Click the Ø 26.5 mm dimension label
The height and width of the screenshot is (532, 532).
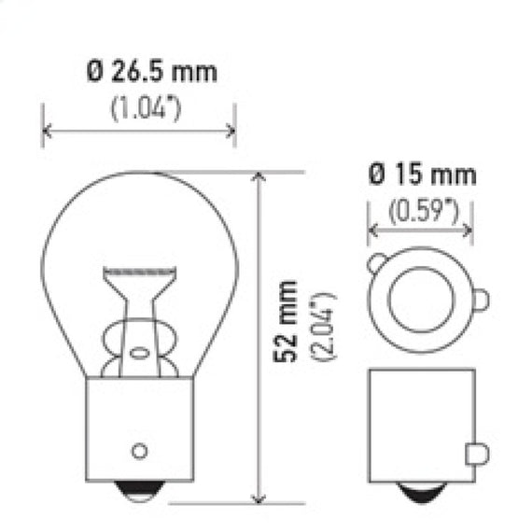point(151,72)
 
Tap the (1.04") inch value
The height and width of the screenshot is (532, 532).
point(146,108)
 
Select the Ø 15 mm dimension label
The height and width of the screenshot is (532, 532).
point(422,175)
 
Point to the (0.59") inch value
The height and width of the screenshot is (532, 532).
point(424,212)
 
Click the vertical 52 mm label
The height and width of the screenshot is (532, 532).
point(286,321)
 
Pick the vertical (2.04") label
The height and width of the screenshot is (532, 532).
point(323,326)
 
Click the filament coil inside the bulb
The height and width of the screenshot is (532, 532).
point(139,272)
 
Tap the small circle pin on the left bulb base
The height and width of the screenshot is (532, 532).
point(139,451)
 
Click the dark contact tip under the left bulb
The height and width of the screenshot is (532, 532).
point(139,491)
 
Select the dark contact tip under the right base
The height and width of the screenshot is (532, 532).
point(421,492)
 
